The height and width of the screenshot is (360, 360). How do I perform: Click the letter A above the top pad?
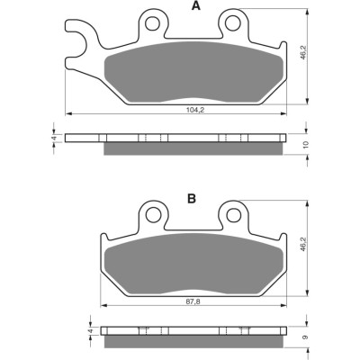pos(196,5)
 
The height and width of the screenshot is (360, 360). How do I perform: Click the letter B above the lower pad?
pos(192,198)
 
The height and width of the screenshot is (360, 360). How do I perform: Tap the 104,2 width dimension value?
pos(195,110)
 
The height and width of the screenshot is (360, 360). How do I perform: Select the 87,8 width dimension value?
pos(193,301)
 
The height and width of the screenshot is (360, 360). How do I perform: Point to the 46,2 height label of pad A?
pos(303,52)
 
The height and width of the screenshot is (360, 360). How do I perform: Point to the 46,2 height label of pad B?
pos(303,245)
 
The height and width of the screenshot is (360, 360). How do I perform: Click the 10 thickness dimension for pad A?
pos(306,145)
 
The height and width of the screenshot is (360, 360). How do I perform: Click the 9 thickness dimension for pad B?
pos(305,337)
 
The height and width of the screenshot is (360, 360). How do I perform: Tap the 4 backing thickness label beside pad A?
pos(54,139)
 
